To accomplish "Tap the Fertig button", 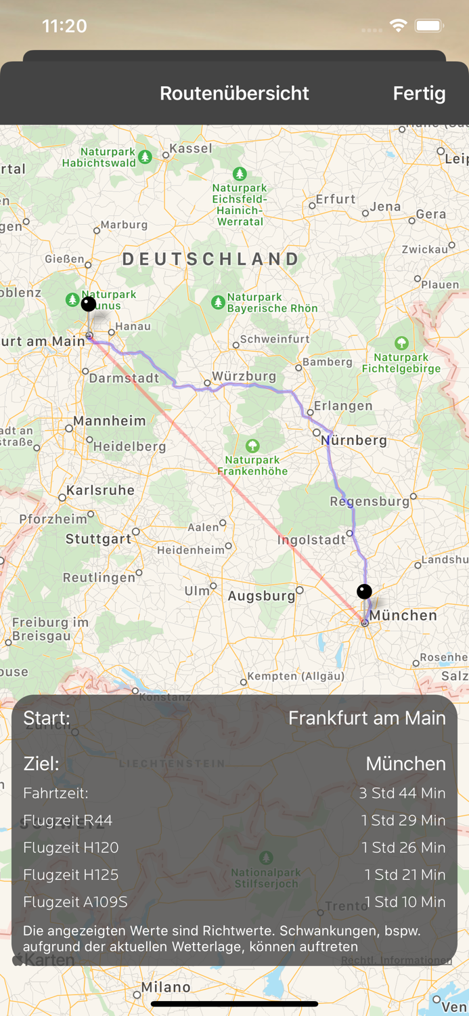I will (419, 93).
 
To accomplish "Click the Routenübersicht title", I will (234, 93).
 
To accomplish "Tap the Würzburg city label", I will (244, 376).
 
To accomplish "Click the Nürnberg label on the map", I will (354, 440).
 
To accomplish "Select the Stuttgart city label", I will (98, 539).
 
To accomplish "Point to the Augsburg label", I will (261, 596).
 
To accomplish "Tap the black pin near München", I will (364, 591).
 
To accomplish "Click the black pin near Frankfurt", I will (88, 303).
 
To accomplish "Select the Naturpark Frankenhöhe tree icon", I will (252, 446).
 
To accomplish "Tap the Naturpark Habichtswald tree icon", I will (145, 157).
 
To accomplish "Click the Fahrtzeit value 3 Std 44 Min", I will (402, 793).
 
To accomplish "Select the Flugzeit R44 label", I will (68, 820).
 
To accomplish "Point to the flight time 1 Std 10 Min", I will (405, 902).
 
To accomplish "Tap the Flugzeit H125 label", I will (70, 874).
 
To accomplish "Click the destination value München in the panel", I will (405, 764).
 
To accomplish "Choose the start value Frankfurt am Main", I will (367, 718).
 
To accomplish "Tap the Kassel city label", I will (190, 148).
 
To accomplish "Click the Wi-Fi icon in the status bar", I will (398, 26).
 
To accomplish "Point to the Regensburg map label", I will (370, 502).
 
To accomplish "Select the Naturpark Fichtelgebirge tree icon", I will (401, 343).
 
